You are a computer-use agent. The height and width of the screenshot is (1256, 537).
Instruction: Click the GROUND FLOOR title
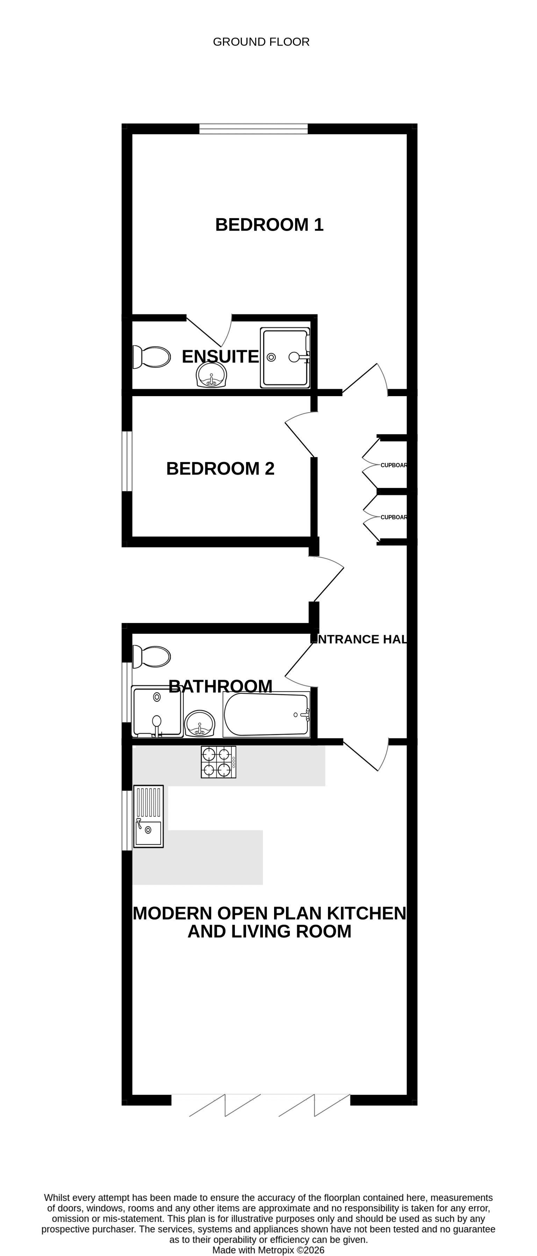coord(261,42)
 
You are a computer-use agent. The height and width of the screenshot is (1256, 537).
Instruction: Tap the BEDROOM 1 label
coord(270,225)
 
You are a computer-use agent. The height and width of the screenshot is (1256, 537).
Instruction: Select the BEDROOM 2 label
coord(220,469)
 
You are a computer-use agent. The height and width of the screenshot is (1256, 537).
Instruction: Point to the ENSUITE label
coord(220,356)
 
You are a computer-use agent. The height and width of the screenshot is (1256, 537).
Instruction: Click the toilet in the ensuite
coord(151,357)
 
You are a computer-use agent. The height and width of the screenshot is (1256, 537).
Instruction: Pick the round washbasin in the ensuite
coord(212,376)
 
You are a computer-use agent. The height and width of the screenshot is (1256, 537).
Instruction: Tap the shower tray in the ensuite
coord(285,358)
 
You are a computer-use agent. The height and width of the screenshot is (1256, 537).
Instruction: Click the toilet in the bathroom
coord(151,656)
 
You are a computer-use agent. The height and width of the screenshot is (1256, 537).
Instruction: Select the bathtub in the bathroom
coord(266,714)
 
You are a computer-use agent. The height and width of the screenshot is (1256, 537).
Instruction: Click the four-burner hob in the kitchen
coord(218,762)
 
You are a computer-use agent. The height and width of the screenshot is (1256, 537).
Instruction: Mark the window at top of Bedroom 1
coord(253,129)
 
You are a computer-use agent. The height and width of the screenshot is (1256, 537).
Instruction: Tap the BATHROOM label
coord(220,687)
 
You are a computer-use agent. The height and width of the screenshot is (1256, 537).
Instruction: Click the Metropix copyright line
coord(268,1250)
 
